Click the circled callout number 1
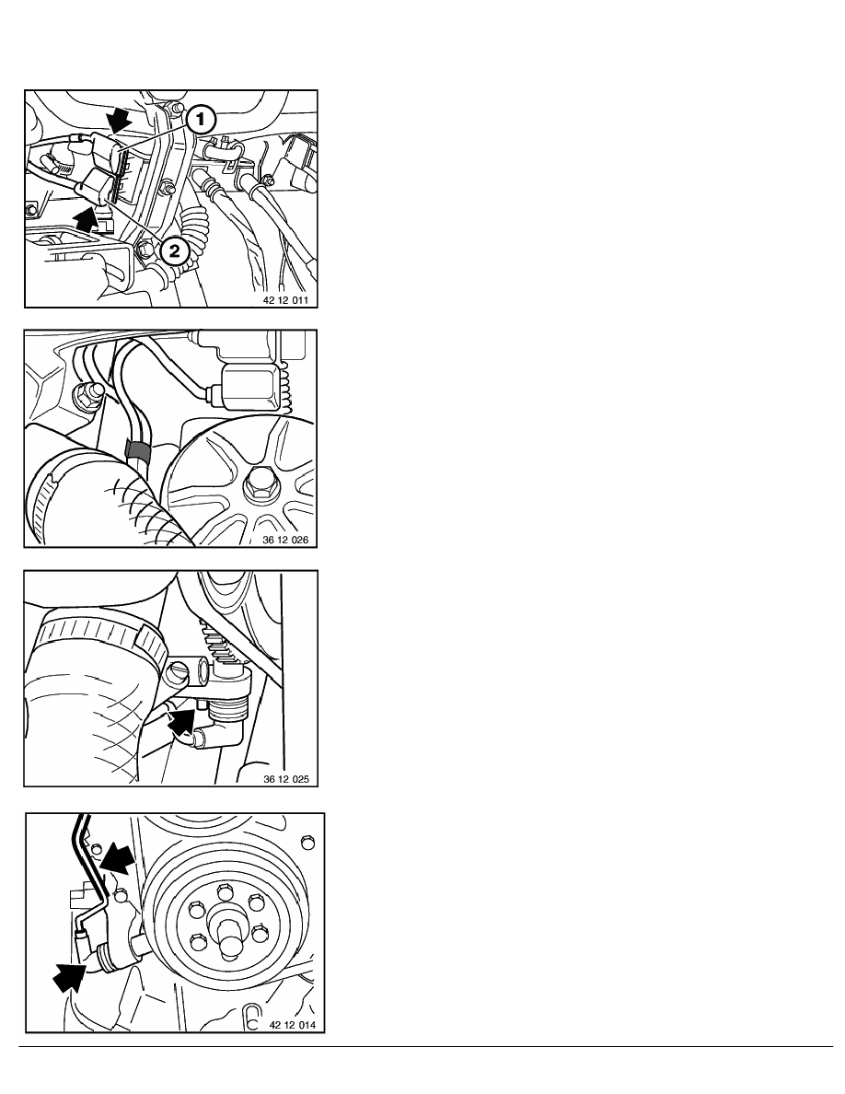[200, 120]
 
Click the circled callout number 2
[174, 250]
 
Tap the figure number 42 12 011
[286, 301]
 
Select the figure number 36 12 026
[285, 540]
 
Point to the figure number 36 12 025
[286, 779]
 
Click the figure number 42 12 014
[292, 1025]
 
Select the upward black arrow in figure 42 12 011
[86, 216]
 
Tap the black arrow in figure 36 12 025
[181, 723]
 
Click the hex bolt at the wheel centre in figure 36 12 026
[261, 483]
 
